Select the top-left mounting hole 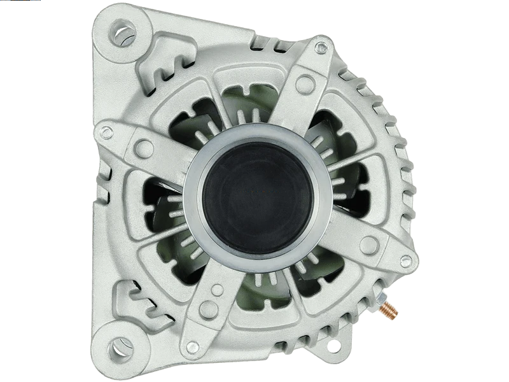(x=120, y=31)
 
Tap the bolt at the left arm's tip (x=107, y=132)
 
